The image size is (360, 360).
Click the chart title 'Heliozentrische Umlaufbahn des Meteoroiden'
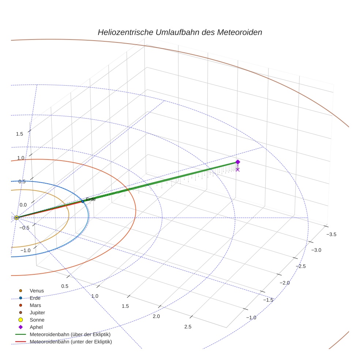point(180,32)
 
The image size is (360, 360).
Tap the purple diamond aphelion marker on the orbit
point(237,162)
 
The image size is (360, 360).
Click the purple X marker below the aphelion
point(237,169)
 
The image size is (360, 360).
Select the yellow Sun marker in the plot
point(16,218)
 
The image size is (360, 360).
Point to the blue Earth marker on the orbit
point(83,202)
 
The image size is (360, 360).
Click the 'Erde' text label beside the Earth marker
point(91,199)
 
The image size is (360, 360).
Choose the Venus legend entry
point(36,291)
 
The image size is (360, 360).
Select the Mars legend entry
point(35,305)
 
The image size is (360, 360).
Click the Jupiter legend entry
point(37,312)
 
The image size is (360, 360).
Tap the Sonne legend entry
point(37,320)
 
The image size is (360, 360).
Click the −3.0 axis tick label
point(316,250)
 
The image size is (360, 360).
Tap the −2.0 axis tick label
point(284,283)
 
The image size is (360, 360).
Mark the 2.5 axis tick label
point(188,327)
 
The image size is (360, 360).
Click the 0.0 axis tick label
point(23,205)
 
